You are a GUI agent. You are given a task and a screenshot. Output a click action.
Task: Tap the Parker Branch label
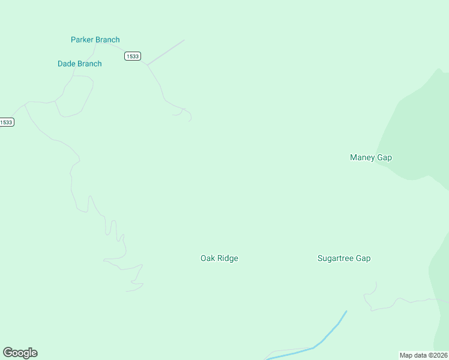click(x=95, y=40)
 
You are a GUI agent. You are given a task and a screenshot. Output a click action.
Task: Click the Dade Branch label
click(x=79, y=64)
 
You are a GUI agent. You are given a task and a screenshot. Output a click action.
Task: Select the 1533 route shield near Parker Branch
click(x=133, y=56)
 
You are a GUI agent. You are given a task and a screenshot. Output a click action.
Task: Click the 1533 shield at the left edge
click(x=6, y=122)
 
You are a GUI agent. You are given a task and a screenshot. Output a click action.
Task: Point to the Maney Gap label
click(x=370, y=158)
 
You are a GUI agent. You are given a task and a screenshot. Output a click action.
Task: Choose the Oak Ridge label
click(x=219, y=259)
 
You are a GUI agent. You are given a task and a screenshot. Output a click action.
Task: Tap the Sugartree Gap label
click(x=343, y=259)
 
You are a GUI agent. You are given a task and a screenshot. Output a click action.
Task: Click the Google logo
click(x=20, y=353)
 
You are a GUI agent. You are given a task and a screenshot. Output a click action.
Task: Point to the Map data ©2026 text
click(x=424, y=355)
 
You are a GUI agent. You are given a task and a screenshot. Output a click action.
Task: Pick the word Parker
click(x=83, y=40)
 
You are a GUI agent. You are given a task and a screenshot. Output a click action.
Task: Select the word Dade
click(x=67, y=64)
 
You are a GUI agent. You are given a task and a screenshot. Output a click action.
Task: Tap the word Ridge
click(x=228, y=259)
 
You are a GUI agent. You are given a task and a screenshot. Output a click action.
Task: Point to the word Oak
click(x=208, y=259)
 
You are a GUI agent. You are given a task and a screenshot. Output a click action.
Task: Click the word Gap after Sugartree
click(x=363, y=259)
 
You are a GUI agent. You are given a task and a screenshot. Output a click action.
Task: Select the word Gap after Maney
click(x=384, y=158)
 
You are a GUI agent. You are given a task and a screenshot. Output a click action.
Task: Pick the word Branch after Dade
click(x=89, y=64)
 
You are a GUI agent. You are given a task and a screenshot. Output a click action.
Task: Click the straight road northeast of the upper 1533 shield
click(x=166, y=52)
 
